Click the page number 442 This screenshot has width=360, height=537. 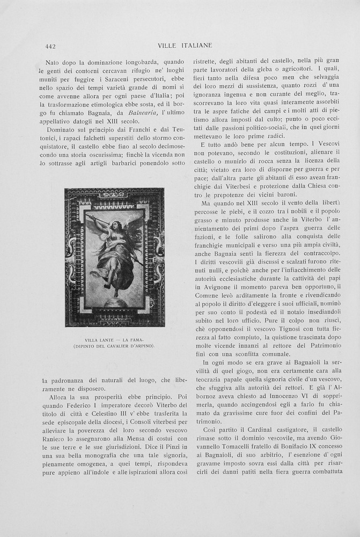click(51, 46)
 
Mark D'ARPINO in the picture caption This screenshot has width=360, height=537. click(141, 346)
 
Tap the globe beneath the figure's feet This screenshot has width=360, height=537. click(115, 303)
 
